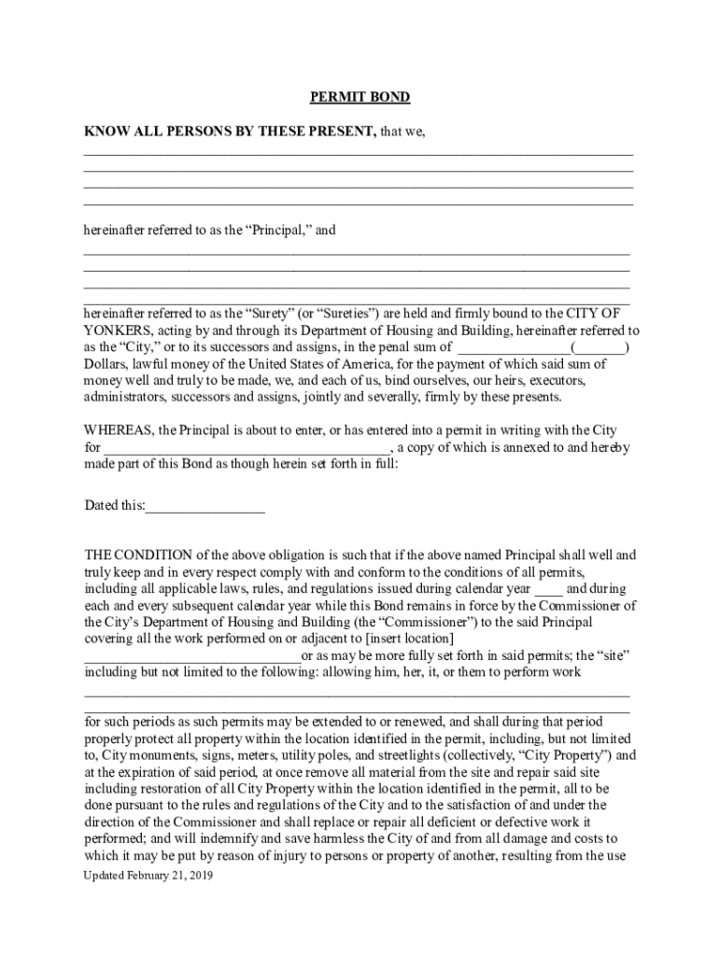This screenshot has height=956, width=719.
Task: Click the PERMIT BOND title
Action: tap(359, 97)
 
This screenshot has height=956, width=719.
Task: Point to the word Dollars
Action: tap(106, 364)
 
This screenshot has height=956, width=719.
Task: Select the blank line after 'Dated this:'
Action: tap(205, 507)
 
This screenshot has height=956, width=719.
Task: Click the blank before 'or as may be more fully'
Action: tap(192, 655)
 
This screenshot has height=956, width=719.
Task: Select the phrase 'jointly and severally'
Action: tap(362, 397)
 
